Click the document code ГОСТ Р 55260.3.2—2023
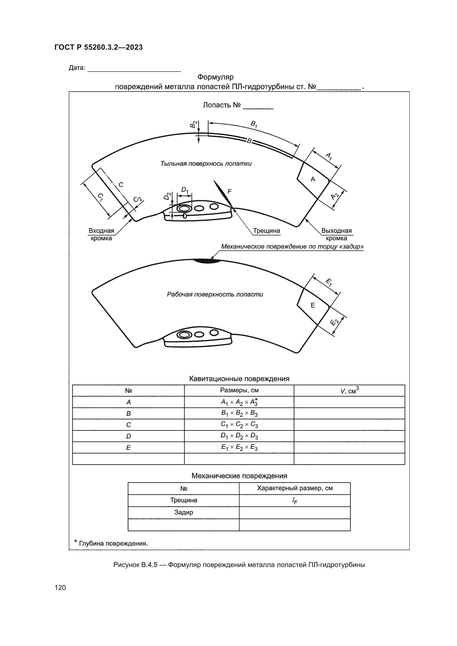click(98, 47)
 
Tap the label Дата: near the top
click(77, 68)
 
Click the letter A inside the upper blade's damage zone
click(313, 179)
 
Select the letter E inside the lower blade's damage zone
click(313, 305)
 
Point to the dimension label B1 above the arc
click(254, 124)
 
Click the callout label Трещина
click(266, 231)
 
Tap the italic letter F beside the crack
click(229, 192)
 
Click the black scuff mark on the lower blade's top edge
click(207, 261)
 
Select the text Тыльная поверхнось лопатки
click(206, 164)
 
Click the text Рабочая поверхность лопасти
click(215, 294)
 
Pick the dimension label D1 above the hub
click(185, 190)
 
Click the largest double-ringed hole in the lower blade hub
click(184, 334)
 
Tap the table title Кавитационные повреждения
click(239, 378)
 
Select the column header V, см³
click(349, 391)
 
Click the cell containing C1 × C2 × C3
click(239, 424)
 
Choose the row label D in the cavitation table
click(128, 436)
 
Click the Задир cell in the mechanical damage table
click(183, 512)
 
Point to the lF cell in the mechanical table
click(295, 500)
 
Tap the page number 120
click(60, 587)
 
